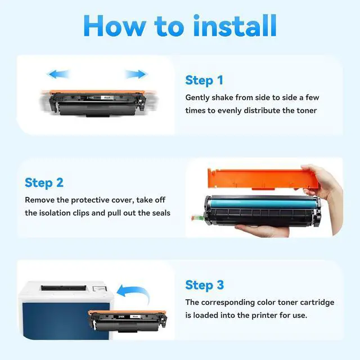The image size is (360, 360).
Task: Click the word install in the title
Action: (235, 25)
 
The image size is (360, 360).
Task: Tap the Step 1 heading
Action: (204, 80)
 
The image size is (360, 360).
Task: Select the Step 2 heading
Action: (44, 183)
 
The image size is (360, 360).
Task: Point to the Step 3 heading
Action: (204, 285)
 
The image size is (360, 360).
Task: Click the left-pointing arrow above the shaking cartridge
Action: (58, 74)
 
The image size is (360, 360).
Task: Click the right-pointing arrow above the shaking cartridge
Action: (136, 74)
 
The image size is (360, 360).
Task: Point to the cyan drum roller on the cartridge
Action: (262, 204)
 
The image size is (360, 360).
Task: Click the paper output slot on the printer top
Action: (64, 288)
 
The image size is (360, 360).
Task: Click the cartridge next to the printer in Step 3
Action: (128, 321)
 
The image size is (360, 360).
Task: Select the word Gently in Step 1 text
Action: (197, 98)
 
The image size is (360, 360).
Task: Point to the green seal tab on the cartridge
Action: (197, 217)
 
